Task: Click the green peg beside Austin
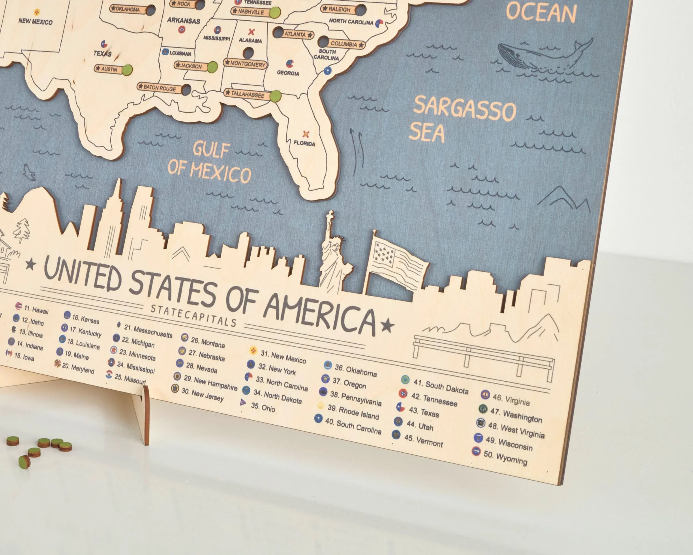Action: [127, 70]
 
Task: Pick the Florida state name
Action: [304, 144]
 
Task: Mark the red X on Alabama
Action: [251, 32]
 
